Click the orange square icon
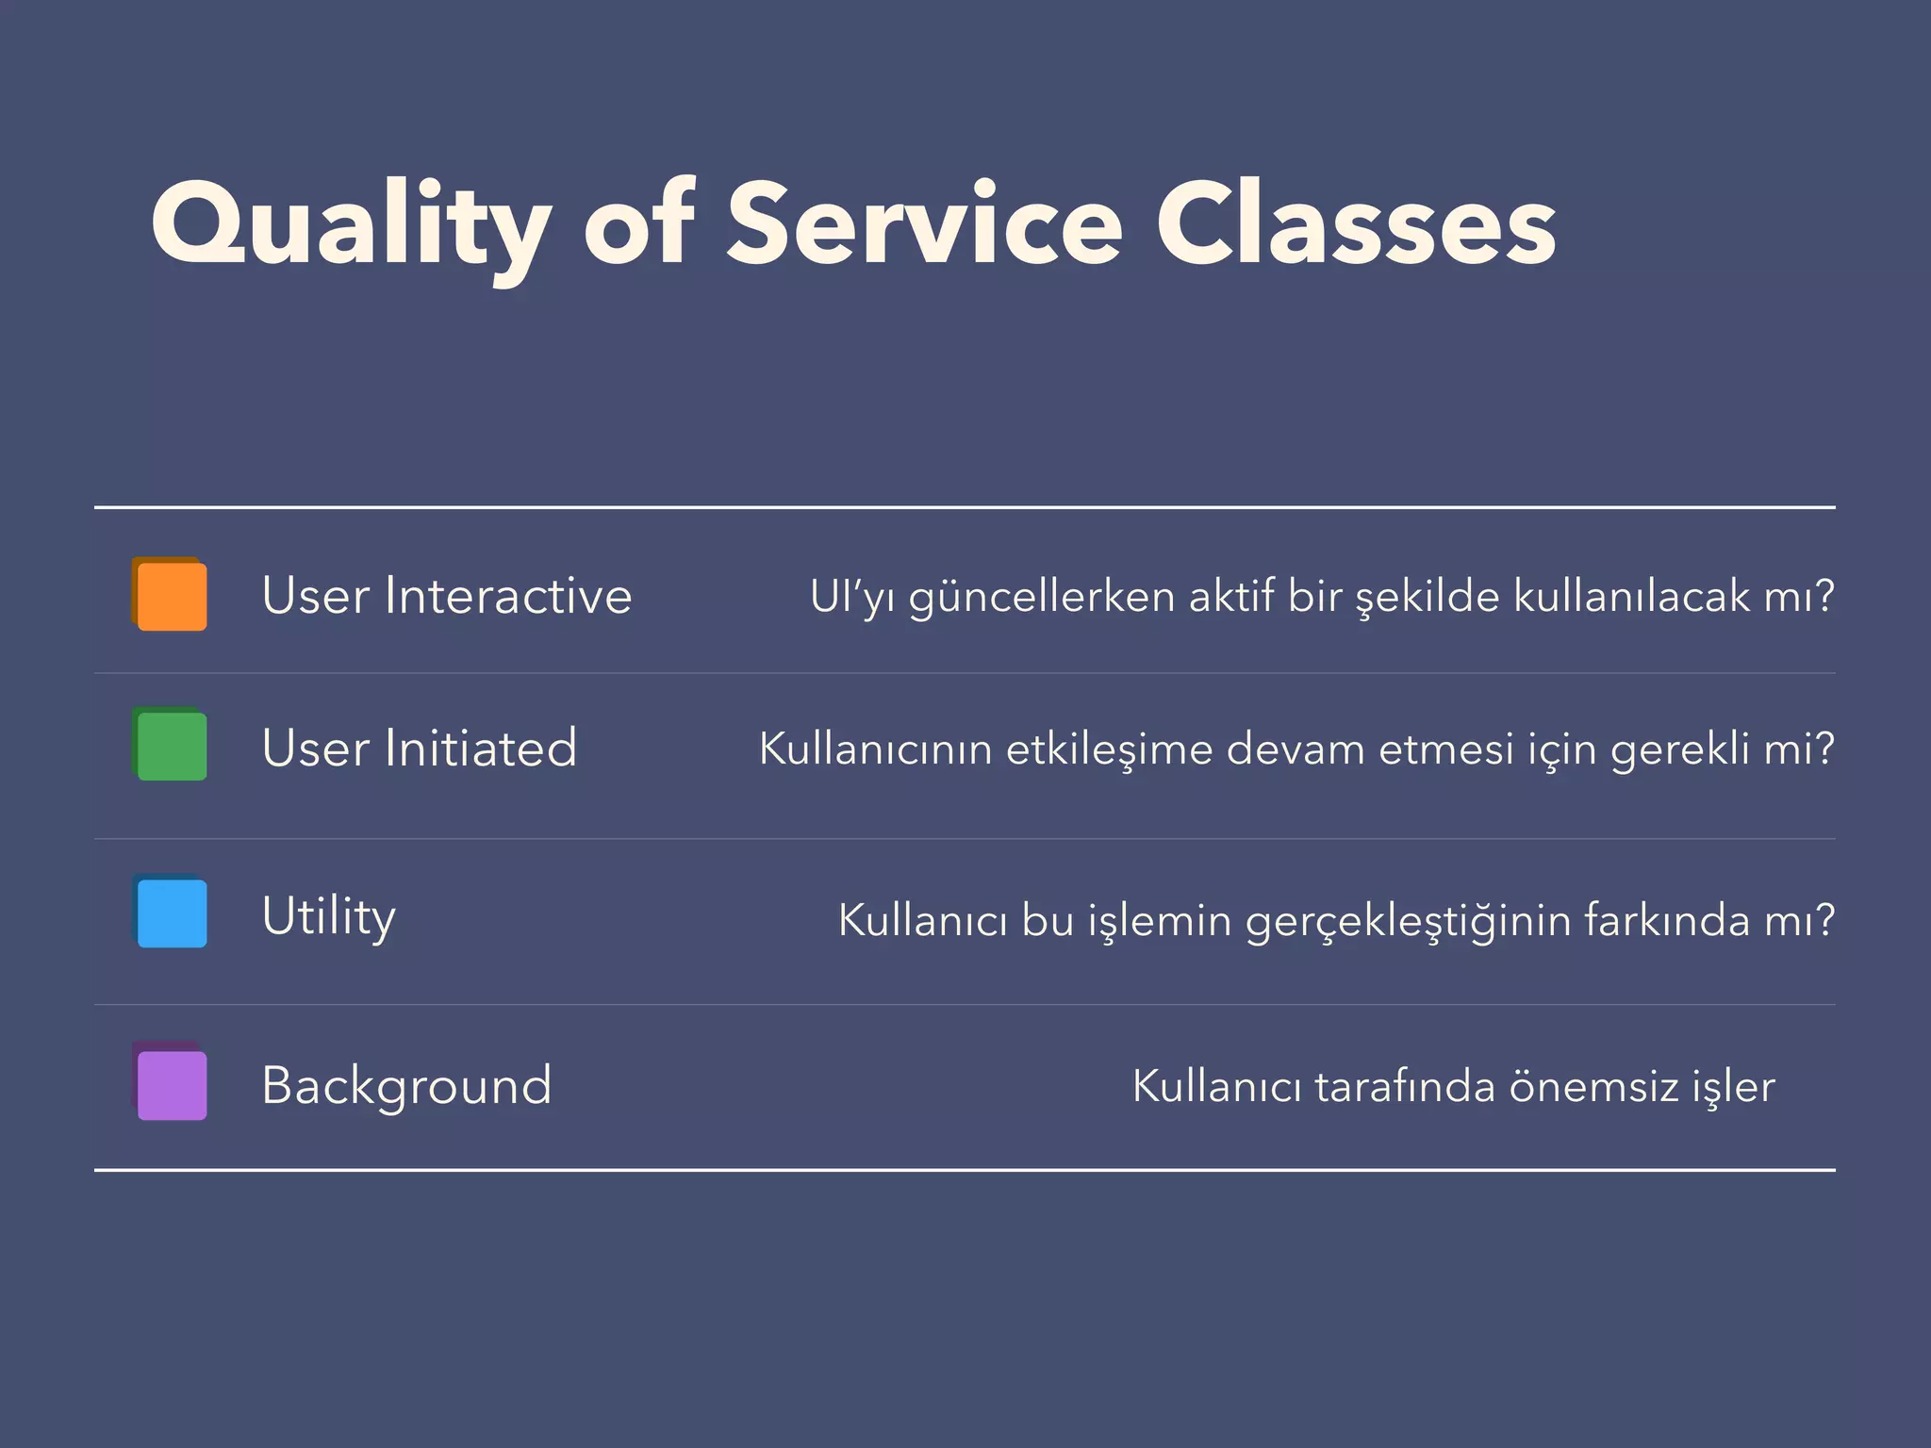click(171, 595)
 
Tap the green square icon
click(171, 746)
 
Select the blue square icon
click(171, 912)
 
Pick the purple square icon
click(171, 1084)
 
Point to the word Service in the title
click(924, 226)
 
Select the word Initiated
click(480, 749)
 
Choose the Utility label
click(328, 916)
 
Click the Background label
click(406, 1086)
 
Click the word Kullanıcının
click(875, 749)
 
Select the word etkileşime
click(1110, 749)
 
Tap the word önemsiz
click(1593, 1087)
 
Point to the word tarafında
click(1405, 1087)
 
